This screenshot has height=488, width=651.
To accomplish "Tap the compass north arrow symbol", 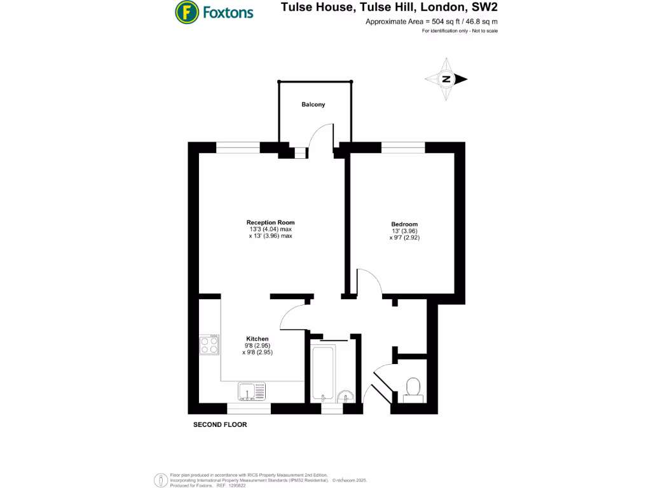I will coord(447,79).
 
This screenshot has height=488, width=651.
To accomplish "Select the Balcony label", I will coord(313,104).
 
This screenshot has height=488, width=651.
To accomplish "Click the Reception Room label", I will coord(271,222).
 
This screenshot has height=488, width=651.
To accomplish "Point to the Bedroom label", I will coord(404,224).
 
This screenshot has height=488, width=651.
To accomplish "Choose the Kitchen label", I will coord(257,339).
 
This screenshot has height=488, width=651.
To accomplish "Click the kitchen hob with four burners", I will coord(210,344).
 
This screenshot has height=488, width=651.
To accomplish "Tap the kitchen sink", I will coord(254,391).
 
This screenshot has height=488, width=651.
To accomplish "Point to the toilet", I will coord(413,388).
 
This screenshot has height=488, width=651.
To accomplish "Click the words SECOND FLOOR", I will coord(220,424).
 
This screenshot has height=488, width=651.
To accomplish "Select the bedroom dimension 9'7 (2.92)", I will coord(405,238).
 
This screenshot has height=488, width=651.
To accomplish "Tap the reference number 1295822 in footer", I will coord(237,485).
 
